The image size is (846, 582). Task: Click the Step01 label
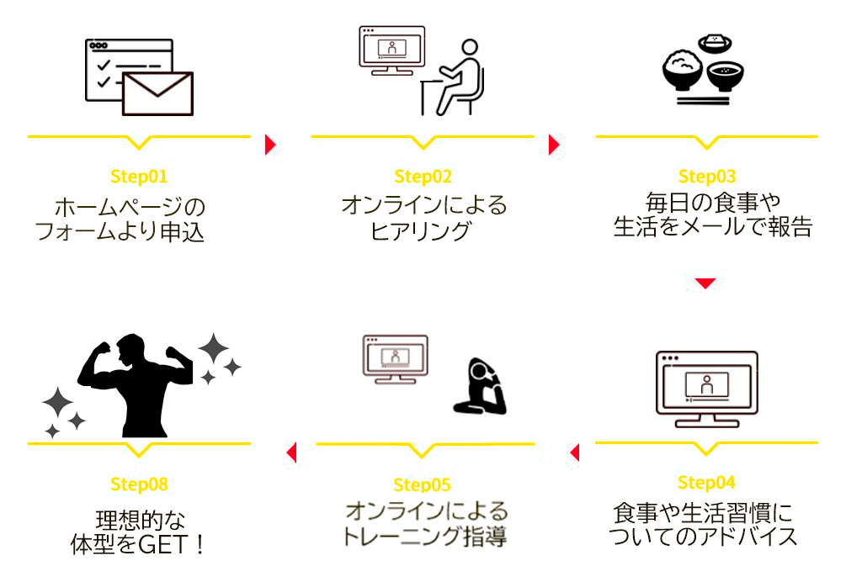[x=139, y=177]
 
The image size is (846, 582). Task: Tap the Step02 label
[x=423, y=177]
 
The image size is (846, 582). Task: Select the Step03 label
[x=707, y=177]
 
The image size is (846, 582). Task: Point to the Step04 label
[x=706, y=482]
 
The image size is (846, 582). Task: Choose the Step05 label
[x=422, y=484]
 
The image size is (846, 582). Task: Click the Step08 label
[x=139, y=484]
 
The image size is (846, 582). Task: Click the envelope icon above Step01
[x=157, y=93]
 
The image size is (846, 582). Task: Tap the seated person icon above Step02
[x=452, y=77]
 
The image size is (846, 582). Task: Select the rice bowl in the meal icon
[x=683, y=70]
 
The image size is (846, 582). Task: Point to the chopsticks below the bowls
[x=703, y=101]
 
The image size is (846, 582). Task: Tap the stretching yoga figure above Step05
[x=480, y=386]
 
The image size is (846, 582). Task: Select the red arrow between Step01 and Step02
[x=270, y=145]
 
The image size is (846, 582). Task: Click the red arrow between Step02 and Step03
[x=554, y=145]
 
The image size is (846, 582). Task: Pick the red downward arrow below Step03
[x=705, y=283]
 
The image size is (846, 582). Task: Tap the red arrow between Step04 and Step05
[x=575, y=452]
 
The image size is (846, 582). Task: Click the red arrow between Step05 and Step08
[x=292, y=452]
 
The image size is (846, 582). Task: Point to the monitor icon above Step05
[x=396, y=359]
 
